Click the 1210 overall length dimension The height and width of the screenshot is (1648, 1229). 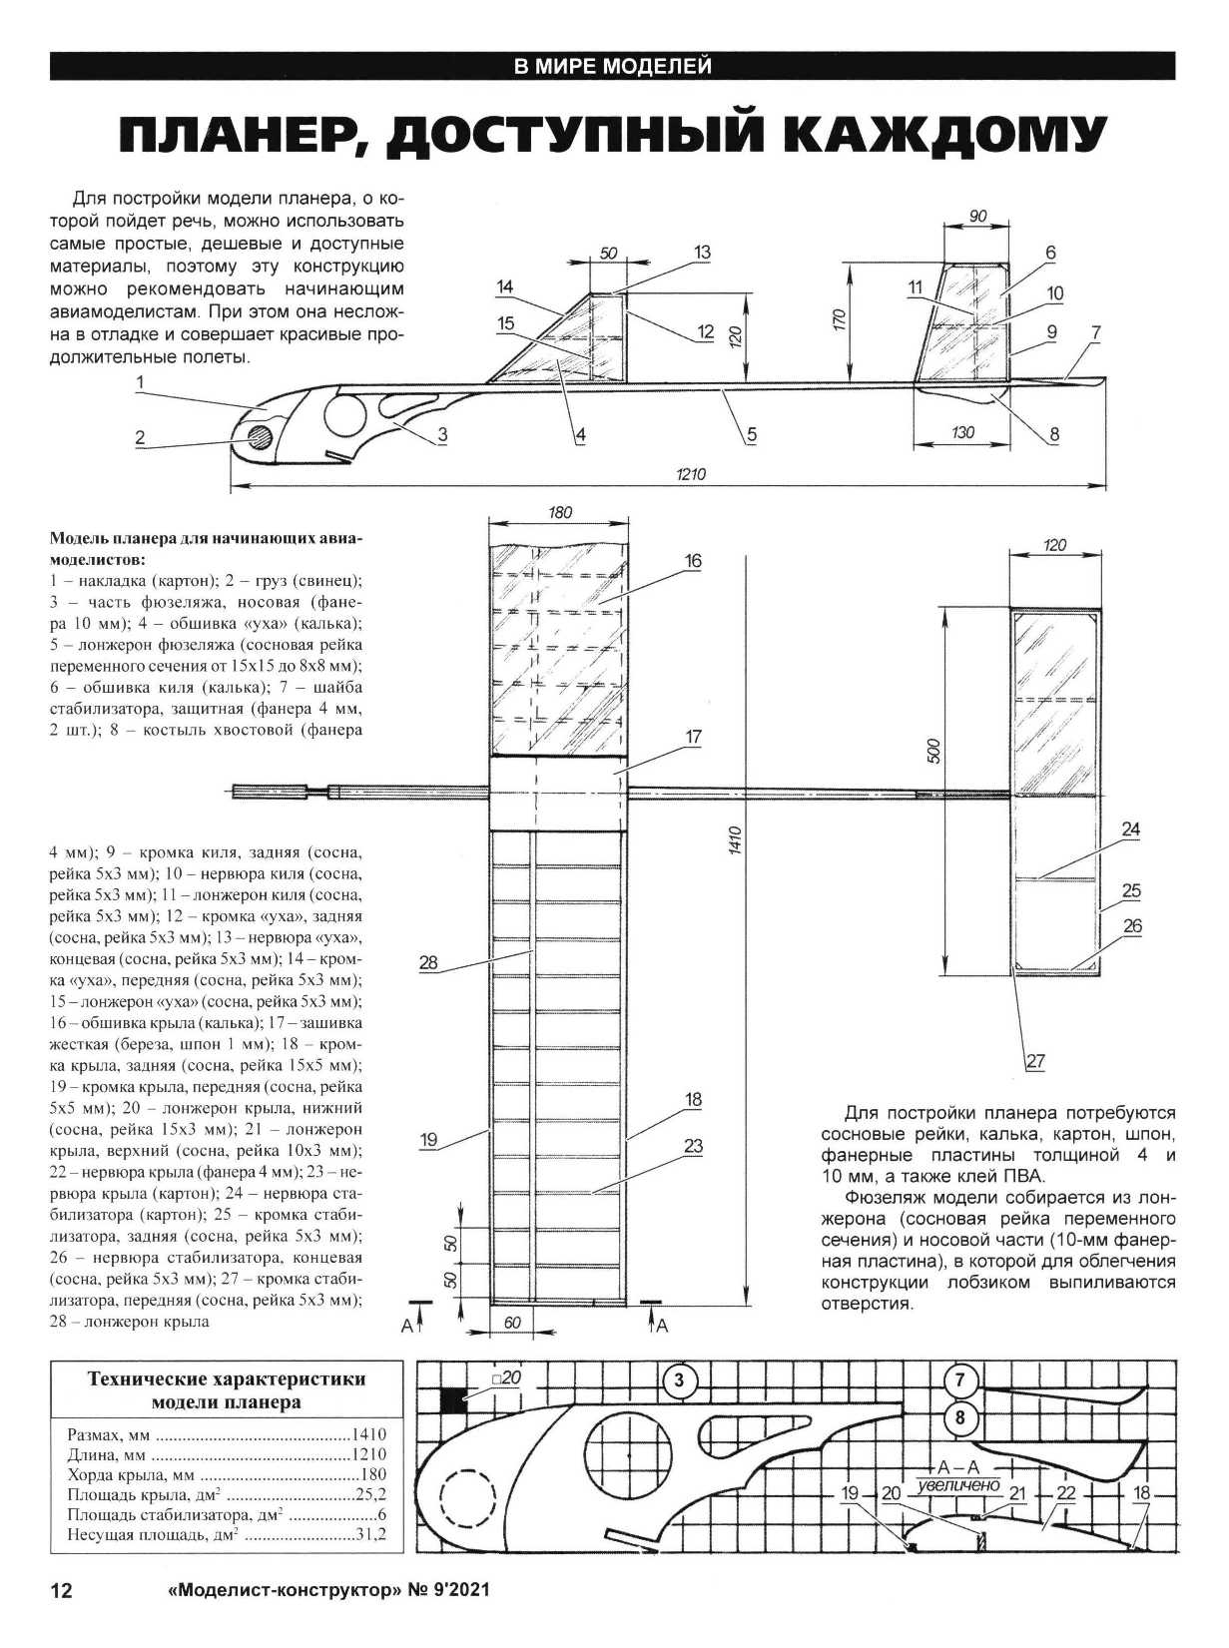(690, 474)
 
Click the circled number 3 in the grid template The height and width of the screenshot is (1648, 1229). (679, 1381)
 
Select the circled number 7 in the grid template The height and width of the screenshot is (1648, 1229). (959, 1380)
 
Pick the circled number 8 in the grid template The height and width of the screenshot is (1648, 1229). (959, 1417)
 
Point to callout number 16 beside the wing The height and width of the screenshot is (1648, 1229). (693, 561)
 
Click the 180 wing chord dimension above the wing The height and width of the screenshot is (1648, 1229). (560, 512)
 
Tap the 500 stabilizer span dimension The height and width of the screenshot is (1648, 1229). (934, 752)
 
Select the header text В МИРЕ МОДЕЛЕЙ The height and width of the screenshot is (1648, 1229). (612, 67)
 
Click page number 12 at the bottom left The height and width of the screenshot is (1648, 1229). (62, 1591)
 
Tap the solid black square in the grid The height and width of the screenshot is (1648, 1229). (452, 1399)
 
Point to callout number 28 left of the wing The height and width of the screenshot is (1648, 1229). (428, 962)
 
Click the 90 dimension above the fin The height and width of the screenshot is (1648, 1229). (977, 216)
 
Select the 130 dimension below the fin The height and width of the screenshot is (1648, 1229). (962, 433)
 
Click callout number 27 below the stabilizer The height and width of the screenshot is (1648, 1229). (1034, 1061)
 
